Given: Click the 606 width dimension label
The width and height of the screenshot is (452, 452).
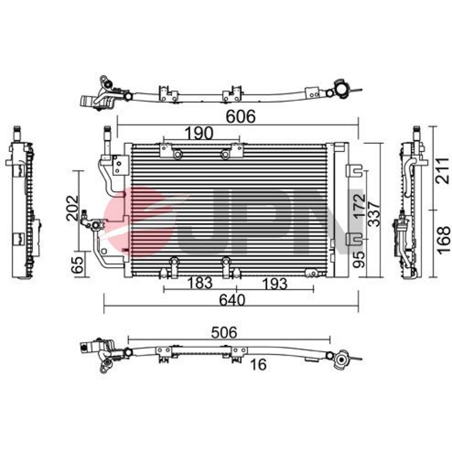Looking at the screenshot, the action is click(x=240, y=117).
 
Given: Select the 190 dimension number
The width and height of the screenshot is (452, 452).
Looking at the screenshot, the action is click(x=198, y=133).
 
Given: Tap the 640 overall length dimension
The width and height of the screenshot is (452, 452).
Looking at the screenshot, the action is click(x=232, y=300).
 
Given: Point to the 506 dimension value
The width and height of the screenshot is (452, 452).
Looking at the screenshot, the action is click(x=224, y=332).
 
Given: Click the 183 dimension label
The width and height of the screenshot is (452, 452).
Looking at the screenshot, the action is click(x=200, y=283).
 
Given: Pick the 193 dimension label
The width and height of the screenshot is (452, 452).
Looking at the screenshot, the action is click(x=275, y=284).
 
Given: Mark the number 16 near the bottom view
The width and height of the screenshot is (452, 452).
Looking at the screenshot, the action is click(x=258, y=365).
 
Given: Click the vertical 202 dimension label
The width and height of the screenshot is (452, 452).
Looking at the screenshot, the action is click(x=72, y=208).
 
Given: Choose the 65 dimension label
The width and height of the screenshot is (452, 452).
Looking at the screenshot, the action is click(x=77, y=264).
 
